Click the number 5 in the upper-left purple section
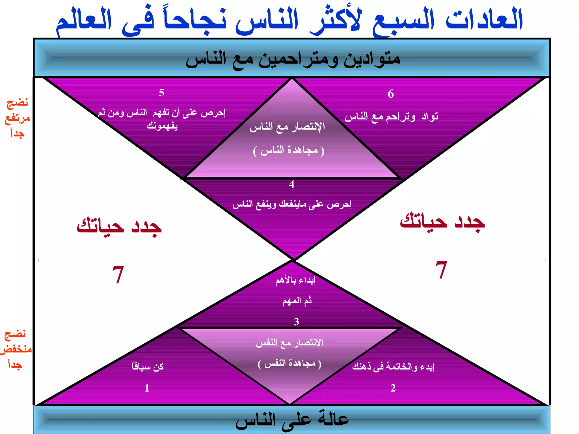(x=161, y=93)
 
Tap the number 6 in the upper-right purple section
(x=391, y=94)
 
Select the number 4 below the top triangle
(x=292, y=185)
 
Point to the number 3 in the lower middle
(x=296, y=322)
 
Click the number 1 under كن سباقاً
(x=147, y=388)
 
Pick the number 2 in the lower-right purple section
(x=393, y=388)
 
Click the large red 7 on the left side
(x=118, y=274)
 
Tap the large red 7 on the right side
(x=441, y=270)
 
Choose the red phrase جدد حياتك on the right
(x=442, y=222)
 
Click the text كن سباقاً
(x=148, y=366)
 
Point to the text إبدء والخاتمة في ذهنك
(x=393, y=366)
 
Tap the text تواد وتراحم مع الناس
(x=391, y=116)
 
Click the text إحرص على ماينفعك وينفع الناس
(x=292, y=204)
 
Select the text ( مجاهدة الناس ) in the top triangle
(x=289, y=150)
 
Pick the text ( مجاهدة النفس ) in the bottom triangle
(x=290, y=364)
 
